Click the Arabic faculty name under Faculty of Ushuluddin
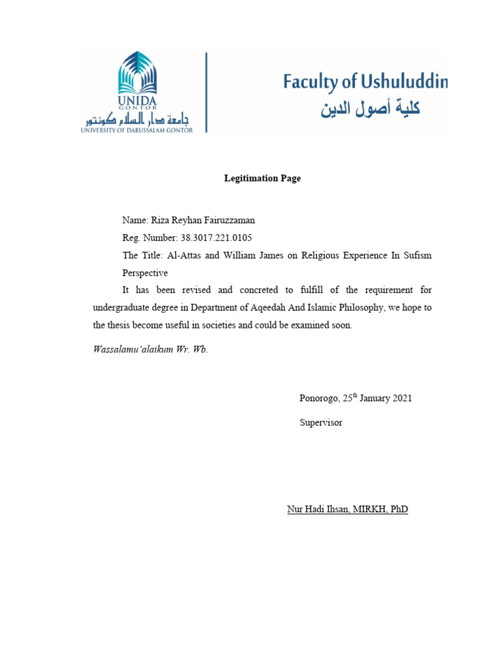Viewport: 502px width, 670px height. [x=370, y=109]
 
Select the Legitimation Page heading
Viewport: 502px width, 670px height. [x=262, y=179]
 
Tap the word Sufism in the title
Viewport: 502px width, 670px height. [x=416, y=255]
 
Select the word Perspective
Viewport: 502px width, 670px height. [x=145, y=272]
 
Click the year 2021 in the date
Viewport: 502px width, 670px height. [x=400, y=398]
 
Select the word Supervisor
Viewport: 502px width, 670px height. [x=321, y=423]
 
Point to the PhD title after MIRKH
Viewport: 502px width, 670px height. [x=398, y=510]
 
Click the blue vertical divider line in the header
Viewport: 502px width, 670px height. [x=207, y=92]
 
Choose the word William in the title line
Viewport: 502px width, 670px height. [x=241, y=255]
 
